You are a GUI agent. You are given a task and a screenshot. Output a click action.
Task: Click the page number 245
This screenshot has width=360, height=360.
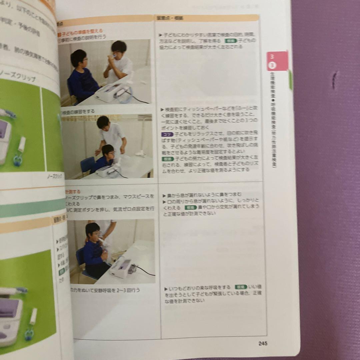tap(263, 344)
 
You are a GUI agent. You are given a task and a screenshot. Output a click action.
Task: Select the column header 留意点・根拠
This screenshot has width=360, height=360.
tap(174, 18)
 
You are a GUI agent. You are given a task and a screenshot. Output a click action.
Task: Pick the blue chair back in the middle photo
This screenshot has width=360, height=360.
tap(87, 163)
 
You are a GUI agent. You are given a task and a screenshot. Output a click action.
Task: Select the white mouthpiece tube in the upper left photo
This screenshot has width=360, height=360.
tap(22, 144)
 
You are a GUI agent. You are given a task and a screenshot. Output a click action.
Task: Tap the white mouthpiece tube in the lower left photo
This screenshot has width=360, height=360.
tap(33, 316)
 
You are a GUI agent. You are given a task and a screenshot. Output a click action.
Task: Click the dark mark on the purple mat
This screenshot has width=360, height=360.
tap(334, 80)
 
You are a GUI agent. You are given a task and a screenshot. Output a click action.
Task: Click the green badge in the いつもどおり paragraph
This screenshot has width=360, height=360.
tap(240, 287)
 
